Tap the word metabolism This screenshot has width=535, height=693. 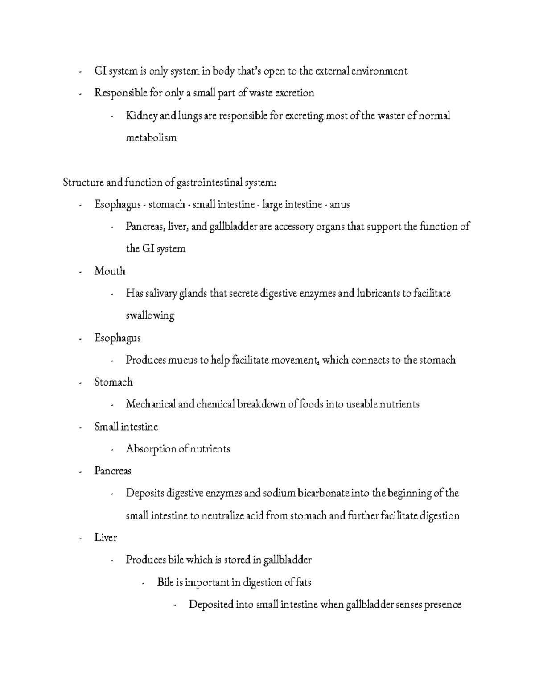pyautogui.click(x=151, y=138)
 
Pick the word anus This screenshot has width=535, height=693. pyautogui.click(x=340, y=205)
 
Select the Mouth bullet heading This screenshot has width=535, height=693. pyautogui.click(x=110, y=271)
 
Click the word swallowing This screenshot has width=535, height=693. pyautogui.click(x=150, y=316)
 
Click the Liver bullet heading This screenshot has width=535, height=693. pyautogui.click(x=106, y=538)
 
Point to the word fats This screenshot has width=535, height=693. pyautogui.click(x=302, y=582)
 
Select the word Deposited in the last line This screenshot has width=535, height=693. pyautogui.click(x=211, y=605)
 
